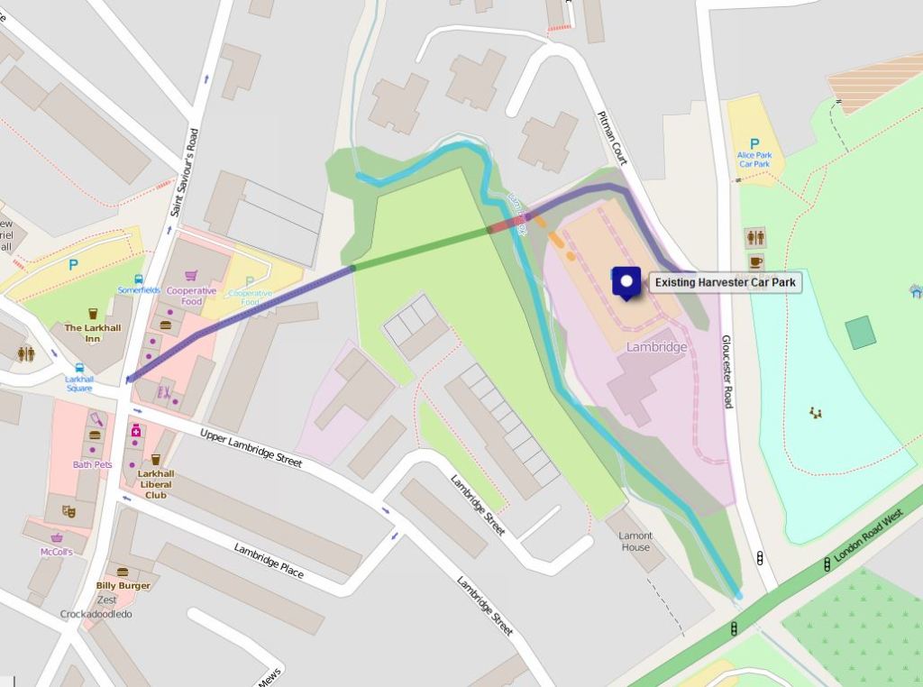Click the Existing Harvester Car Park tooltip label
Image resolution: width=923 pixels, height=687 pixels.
point(725,282)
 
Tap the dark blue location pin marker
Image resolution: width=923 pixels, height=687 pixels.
point(626,281)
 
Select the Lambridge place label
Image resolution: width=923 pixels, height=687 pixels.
point(657,347)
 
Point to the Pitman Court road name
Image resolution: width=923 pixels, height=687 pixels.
point(611,138)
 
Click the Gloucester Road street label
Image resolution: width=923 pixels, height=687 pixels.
point(727,371)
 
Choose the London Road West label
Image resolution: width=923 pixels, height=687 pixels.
point(868,537)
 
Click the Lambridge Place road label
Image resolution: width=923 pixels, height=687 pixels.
point(269,560)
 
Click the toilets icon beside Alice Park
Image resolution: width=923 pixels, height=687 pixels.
point(755,237)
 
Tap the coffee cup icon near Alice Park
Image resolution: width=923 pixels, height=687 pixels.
point(755,262)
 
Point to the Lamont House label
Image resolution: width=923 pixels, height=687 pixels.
point(635,541)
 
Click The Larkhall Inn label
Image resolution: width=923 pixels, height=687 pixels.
point(92,333)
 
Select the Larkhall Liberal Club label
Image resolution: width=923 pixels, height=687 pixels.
point(156,484)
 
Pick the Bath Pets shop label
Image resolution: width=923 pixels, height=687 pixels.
point(92,464)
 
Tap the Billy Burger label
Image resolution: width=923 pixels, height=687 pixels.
point(123,585)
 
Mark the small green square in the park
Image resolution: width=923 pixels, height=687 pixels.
point(860,332)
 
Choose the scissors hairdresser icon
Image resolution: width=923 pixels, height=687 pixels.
point(165,392)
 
